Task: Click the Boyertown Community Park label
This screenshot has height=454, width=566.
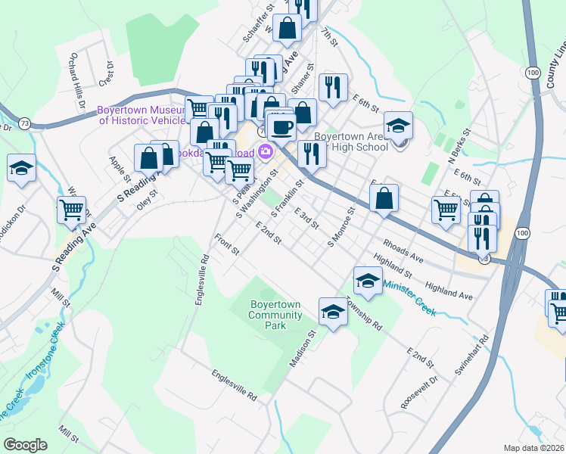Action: pyautogui.click(x=275, y=315)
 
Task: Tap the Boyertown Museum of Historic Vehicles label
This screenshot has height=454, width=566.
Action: pyautogui.click(x=141, y=115)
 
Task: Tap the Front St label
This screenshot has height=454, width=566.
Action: pyautogui.click(x=226, y=244)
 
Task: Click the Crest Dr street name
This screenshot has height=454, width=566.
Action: pyautogui.click(x=105, y=73)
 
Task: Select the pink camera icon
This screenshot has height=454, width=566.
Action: pyautogui.click(x=266, y=151)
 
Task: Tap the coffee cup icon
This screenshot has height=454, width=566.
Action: pyautogui.click(x=281, y=126)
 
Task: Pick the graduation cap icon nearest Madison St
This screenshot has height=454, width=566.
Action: pyautogui.click(x=332, y=312)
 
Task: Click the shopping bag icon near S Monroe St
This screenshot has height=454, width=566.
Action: pyautogui.click(x=384, y=199)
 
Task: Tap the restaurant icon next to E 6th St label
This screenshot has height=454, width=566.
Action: pyautogui.click(x=333, y=88)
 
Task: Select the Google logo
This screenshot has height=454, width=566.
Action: pyautogui.click(x=25, y=445)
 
